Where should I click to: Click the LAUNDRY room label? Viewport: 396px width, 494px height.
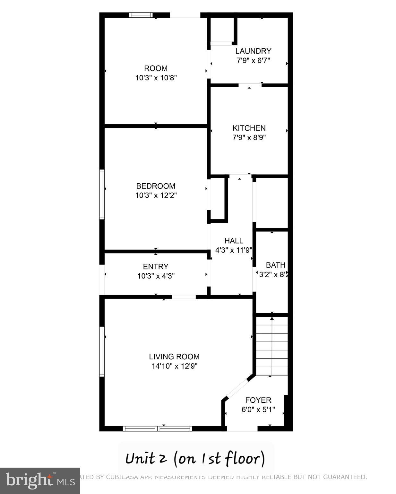click(253, 51)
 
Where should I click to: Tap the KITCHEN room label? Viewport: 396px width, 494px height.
click(249, 128)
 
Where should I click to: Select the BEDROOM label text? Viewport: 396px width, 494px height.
click(156, 186)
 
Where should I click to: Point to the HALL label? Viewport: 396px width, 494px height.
click(234, 241)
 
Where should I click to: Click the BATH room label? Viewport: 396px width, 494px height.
click(275, 265)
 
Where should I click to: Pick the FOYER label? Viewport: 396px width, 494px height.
click(258, 400)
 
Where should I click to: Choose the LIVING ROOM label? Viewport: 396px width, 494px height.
click(174, 357)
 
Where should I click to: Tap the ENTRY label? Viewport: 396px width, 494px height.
click(156, 267)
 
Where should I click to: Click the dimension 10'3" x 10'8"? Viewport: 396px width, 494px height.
click(156, 78)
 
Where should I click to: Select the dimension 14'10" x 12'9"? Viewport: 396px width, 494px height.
click(174, 366)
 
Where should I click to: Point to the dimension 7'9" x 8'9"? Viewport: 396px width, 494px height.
click(249, 137)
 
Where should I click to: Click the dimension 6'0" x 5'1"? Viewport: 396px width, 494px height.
click(258, 409)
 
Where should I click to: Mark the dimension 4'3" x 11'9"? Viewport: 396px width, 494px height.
click(234, 250)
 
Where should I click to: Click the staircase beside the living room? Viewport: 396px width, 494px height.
click(272, 346)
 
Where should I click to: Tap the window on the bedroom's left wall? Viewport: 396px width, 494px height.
click(102, 195)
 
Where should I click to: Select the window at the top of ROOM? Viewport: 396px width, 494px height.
click(140, 15)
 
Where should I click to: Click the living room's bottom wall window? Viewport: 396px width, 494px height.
click(158, 428)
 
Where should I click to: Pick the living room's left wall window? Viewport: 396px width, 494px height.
click(102, 351)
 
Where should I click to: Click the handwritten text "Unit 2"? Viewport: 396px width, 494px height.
click(146, 458)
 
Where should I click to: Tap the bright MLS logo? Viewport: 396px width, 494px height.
click(40, 480)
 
